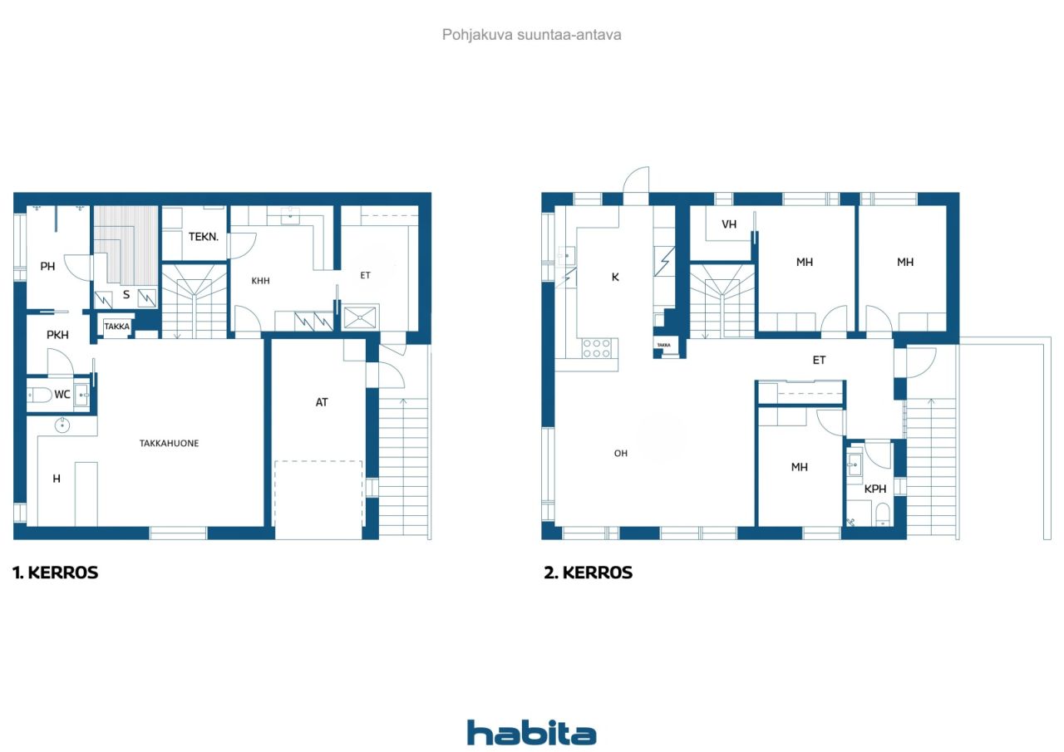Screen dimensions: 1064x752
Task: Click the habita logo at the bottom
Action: [531, 733]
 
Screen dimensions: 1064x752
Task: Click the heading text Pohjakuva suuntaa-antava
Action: [531, 35]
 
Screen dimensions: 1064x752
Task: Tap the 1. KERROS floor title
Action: [55, 573]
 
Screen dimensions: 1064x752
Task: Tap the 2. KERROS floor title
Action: [588, 573]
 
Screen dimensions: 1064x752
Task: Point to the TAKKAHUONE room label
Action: [169, 443]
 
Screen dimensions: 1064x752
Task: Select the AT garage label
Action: [322, 402]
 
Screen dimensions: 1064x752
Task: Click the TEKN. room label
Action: [204, 237]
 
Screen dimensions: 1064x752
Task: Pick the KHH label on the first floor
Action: [260, 281]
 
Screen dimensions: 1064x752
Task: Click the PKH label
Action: [57, 335]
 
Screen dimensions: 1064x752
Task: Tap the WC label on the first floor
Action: [62, 394]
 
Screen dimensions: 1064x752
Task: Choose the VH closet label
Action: [729, 224]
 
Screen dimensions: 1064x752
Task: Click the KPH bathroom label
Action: [875, 489]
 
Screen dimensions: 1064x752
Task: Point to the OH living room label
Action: [620, 454]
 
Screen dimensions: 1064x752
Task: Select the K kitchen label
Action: [615, 277]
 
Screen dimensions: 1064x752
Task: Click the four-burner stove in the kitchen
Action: [597, 348]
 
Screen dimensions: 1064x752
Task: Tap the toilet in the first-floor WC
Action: [40, 395]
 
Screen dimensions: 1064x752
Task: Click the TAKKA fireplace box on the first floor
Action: [116, 327]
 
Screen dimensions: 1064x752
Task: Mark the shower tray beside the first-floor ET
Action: [360, 317]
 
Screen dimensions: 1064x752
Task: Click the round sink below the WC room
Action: [62, 425]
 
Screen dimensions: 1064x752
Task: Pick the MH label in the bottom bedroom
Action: [799, 467]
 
